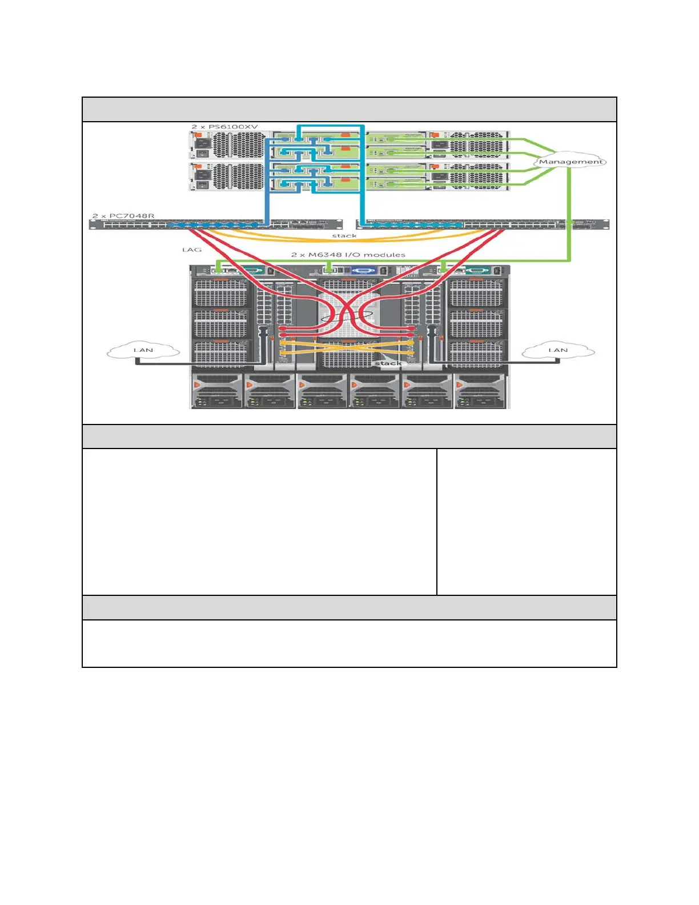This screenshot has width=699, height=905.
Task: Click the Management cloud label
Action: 571,162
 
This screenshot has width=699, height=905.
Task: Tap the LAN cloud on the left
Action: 143,350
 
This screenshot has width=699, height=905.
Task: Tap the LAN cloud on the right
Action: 558,350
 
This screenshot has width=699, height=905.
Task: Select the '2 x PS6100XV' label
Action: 224,126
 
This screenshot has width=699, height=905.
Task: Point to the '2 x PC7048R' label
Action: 123,216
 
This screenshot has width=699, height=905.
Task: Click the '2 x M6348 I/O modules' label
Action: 348,255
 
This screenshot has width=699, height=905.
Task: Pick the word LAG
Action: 192,250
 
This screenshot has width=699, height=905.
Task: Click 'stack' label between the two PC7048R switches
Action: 344,235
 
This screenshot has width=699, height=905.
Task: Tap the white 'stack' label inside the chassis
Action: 388,363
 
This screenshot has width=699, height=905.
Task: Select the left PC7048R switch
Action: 216,225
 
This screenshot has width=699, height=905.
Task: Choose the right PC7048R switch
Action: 483,225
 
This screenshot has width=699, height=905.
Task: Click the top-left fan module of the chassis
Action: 220,293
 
